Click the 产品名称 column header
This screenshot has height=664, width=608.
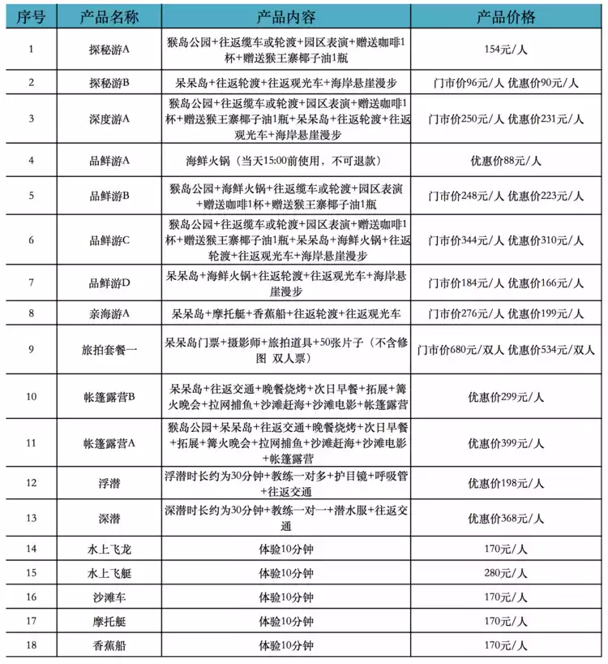click(x=110, y=17)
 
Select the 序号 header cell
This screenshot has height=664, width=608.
click(x=31, y=17)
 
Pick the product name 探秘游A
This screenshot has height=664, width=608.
click(x=110, y=50)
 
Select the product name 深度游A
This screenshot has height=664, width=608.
click(x=110, y=119)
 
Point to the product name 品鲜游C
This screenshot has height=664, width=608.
click(x=110, y=240)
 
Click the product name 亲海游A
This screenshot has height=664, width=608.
click(x=110, y=313)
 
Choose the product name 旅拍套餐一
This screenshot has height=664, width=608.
click(x=110, y=350)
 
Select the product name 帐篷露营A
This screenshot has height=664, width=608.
click(x=110, y=443)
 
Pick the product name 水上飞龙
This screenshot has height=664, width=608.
click(x=110, y=550)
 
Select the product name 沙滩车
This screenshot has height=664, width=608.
click(x=110, y=597)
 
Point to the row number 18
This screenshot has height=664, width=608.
click(x=31, y=646)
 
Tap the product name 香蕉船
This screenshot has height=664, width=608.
click(x=110, y=646)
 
